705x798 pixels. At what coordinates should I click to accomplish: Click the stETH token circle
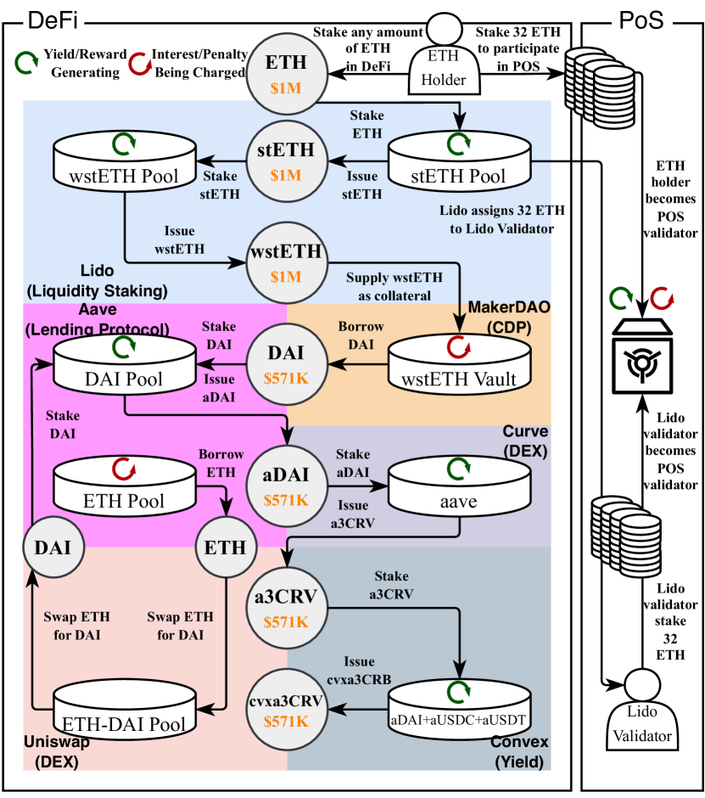click(285, 160)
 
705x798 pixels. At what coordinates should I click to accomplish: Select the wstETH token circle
click(285, 262)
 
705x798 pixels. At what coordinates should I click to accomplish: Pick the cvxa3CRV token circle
click(285, 711)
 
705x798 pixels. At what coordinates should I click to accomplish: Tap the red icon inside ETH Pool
click(124, 468)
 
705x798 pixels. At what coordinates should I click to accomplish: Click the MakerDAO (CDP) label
click(509, 312)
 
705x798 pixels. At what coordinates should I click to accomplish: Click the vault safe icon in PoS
click(641, 357)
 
